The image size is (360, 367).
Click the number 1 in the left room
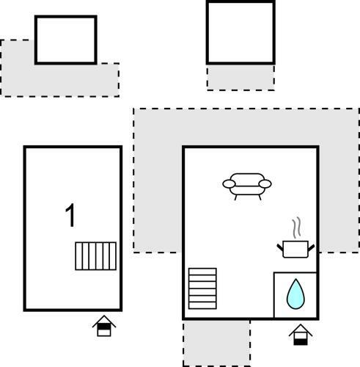(x=70, y=215)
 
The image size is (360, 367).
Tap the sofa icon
(x=247, y=186)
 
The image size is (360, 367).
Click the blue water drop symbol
(x=295, y=294)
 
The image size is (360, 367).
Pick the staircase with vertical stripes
(x=95, y=256)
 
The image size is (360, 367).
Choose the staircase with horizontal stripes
(x=202, y=288)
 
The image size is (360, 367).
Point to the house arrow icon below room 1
(x=104, y=326)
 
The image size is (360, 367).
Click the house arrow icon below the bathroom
(x=301, y=335)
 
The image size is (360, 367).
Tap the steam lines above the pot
(x=296, y=228)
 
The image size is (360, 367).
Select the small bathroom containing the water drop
(x=295, y=295)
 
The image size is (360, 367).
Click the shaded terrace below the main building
(x=216, y=343)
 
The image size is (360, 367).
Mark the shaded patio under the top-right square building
(x=240, y=78)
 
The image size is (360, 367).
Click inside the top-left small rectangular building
(x=65, y=40)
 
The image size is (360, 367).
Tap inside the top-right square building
(x=240, y=32)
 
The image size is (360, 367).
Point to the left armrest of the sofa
(x=229, y=183)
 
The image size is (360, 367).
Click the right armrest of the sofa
(x=265, y=183)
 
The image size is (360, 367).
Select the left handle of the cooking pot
(x=280, y=247)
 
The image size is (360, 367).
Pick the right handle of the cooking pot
(x=311, y=247)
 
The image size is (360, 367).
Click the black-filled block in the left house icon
(x=104, y=327)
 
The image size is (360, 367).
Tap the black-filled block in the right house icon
(x=301, y=341)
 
